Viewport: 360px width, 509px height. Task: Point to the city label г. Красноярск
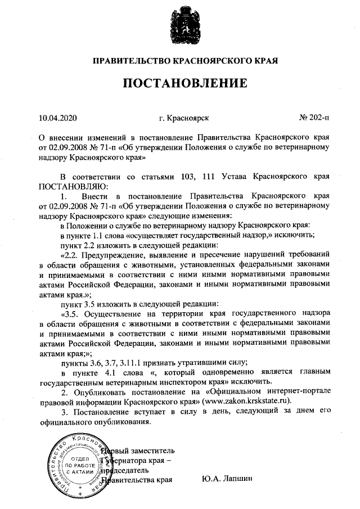coord(184,118)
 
